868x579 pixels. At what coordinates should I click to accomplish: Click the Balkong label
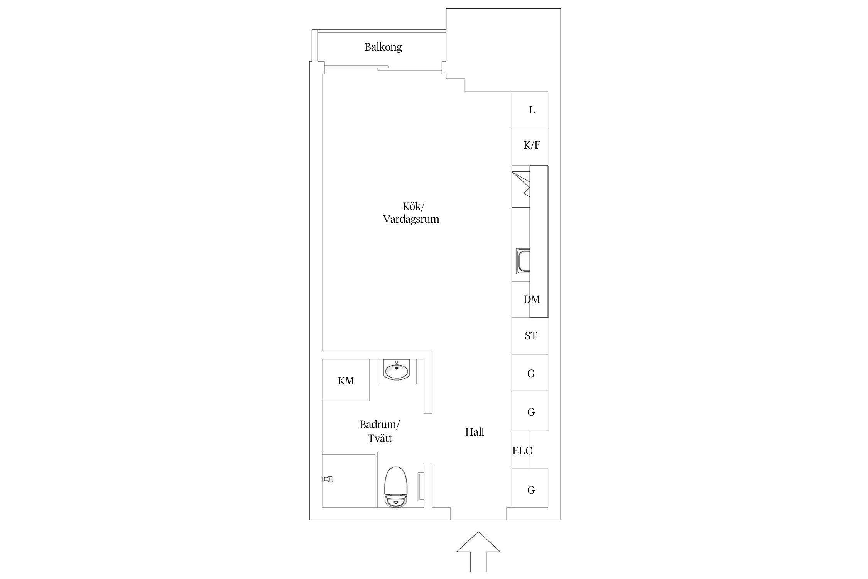(x=383, y=47)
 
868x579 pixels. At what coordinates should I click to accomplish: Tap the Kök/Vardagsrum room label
(x=411, y=213)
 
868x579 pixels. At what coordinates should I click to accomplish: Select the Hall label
(x=475, y=432)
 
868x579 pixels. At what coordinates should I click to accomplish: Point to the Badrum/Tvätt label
(x=380, y=431)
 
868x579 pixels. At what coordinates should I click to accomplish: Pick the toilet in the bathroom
(x=396, y=487)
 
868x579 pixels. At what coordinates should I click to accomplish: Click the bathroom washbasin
(x=397, y=370)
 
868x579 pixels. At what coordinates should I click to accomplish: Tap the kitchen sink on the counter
(x=523, y=261)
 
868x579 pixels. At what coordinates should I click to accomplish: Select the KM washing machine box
(x=346, y=380)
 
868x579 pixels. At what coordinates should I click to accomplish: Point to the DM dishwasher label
(x=532, y=300)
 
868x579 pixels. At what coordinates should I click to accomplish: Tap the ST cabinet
(x=530, y=336)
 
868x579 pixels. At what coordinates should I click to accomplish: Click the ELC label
(x=522, y=450)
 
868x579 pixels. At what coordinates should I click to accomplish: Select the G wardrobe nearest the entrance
(x=530, y=488)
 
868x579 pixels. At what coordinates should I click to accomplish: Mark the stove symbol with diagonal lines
(x=521, y=190)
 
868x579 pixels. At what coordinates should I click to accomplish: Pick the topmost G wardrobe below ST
(x=530, y=372)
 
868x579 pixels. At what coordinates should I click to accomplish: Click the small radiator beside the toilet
(x=421, y=487)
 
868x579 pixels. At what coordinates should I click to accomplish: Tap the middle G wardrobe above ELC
(x=530, y=411)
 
